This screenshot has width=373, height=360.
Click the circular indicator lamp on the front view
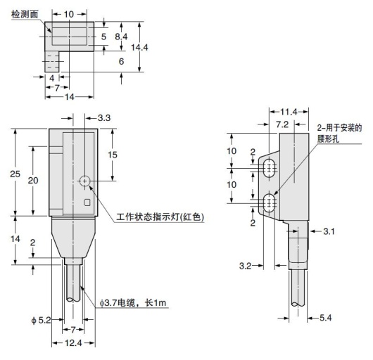tap(84, 181)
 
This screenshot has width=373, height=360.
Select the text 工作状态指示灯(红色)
tap(160, 218)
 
